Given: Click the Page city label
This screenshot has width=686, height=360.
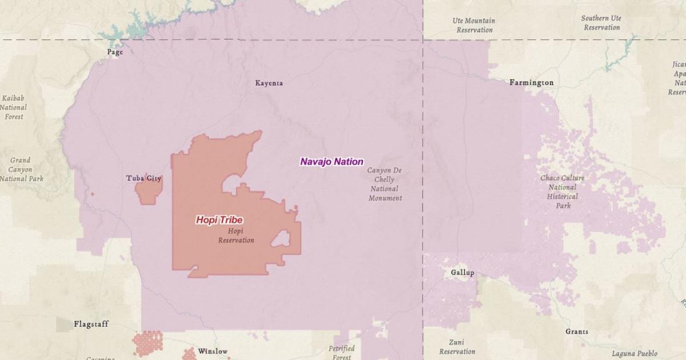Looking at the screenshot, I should coord(115,52).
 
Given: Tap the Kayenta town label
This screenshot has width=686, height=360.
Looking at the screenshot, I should coord(269,83).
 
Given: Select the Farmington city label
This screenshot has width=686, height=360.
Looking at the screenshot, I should coord(531,83).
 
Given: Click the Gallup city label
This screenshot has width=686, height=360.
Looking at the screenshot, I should coord(462,273).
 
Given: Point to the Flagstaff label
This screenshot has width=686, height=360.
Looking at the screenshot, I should coord(91,324).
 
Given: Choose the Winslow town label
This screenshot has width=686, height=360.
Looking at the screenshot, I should coord(213,351).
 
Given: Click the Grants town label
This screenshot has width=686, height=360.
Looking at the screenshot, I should coord(576,331).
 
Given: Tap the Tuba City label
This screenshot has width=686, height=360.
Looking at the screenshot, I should coord(143,178).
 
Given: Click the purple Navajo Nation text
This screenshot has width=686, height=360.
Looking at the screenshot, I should coord(332,162).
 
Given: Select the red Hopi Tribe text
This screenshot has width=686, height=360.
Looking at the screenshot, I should coord(219,219).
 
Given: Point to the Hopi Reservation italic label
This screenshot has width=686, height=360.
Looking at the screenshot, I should coord(236,235).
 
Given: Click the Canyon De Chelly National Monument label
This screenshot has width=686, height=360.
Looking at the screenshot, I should coord(385,184).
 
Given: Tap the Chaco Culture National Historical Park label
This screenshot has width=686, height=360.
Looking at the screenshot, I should coord(563,191).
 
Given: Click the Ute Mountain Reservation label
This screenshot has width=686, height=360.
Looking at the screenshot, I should coord(474,25).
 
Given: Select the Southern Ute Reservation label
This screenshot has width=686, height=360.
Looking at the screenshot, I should coord(602,23).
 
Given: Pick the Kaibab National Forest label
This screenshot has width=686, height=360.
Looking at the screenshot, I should coord(14,107).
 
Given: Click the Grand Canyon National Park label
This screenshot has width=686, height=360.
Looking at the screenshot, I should coord(21,169).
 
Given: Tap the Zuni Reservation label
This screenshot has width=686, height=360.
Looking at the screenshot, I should coord(457,347).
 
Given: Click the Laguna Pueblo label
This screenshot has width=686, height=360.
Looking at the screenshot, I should coord(634,354).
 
